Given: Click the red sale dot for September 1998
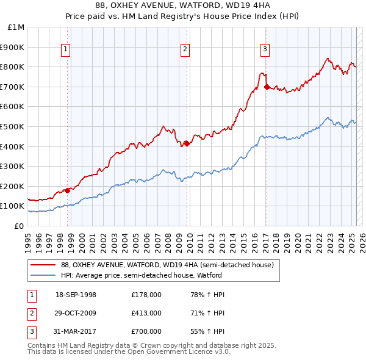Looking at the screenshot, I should click(x=68, y=190).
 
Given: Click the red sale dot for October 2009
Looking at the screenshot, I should click(x=187, y=143).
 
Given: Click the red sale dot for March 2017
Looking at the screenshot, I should click(x=267, y=87).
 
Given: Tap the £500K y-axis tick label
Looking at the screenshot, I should click(x=12, y=127).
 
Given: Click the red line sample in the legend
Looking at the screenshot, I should click(x=43, y=265).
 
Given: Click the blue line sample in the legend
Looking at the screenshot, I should click(x=43, y=275).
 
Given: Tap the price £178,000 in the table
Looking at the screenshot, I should click(x=146, y=295).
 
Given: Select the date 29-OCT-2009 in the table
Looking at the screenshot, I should click(x=76, y=313).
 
